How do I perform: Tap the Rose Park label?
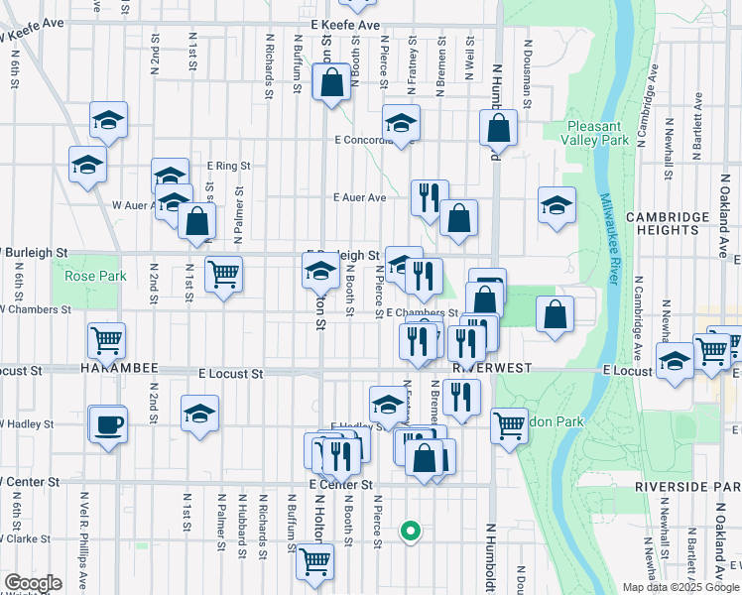[x=95, y=276]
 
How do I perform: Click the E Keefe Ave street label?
[x=344, y=24]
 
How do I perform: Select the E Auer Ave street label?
[x=359, y=197]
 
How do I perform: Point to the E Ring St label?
[x=228, y=166]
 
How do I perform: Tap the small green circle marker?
[x=410, y=531]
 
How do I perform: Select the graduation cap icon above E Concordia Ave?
[x=401, y=124]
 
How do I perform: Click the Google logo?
[x=33, y=583]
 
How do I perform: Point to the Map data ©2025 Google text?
[x=680, y=587]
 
